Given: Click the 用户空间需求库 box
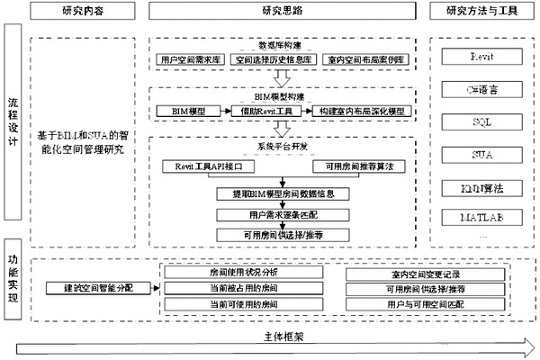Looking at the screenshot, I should coord(189,58).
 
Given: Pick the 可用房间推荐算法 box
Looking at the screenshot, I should coord(355,166).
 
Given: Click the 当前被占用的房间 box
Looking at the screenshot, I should coord(237,288).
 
